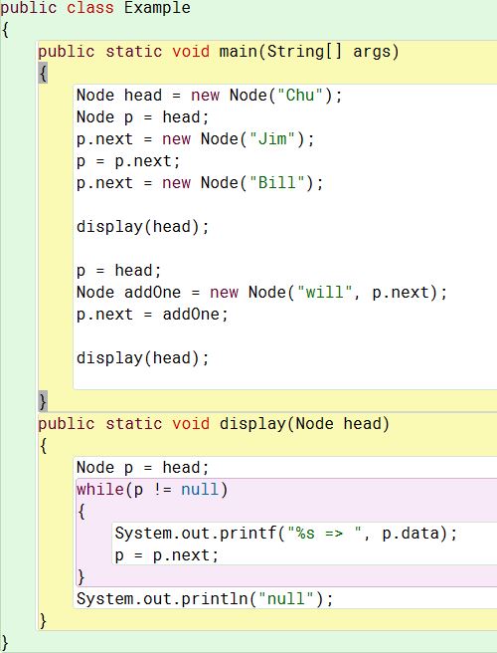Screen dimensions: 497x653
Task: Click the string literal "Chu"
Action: pyautogui.click(x=300, y=96)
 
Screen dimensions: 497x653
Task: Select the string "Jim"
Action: pyautogui.click(x=272, y=139)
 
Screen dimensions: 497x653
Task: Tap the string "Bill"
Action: pyautogui.click(x=277, y=183)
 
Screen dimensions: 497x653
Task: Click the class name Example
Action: pyautogui.click(x=157, y=8)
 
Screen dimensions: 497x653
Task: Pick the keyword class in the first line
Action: pyautogui.click(x=90, y=8)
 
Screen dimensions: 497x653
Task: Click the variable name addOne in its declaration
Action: pyautogui.click(x=153, y=293)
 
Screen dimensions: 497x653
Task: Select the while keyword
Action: pyautogui.click(x=99, y=490)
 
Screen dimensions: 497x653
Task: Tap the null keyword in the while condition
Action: pyautogui.click(x=200, y=490)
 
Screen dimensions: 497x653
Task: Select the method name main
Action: pyautogui.click(x=239, y=52)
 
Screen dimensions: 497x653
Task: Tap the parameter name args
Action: pyautogui.click(x=372, y=53)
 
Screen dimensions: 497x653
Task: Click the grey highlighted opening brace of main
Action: pyautogui.click(x=43, y=74)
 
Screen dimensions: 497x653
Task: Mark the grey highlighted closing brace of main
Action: pyautogui.click(x=43, y=401)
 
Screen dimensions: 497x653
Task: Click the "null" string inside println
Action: pyautogui.click(x=286, y=599)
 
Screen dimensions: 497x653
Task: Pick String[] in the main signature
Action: pyautogui.click(x=305, y=53)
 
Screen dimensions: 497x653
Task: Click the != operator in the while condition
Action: pyautogui.click(x=162, y=490)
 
